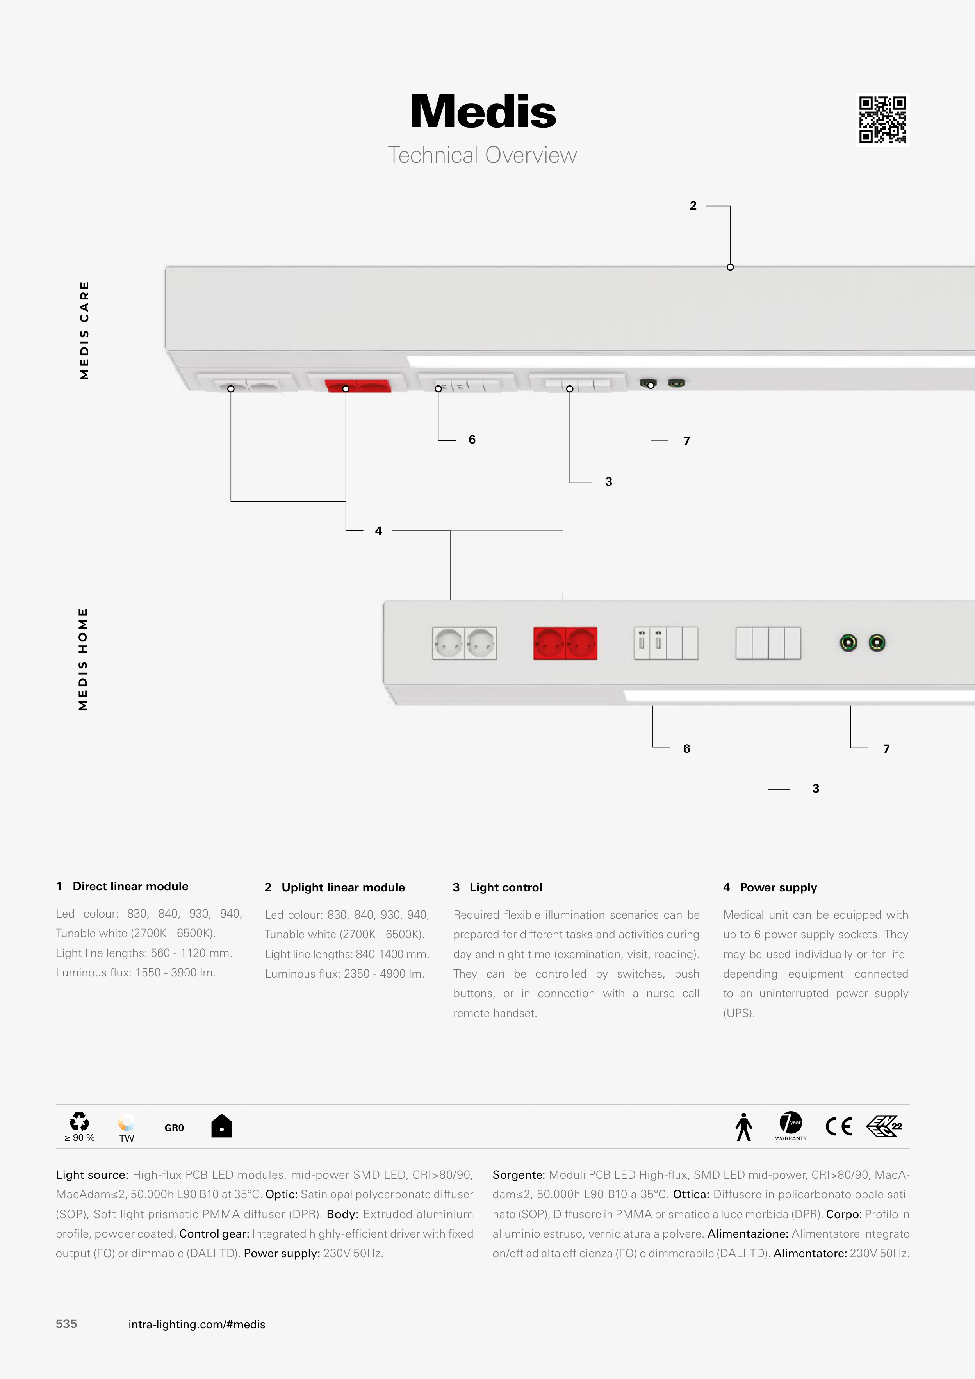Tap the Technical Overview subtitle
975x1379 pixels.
pos(482,155)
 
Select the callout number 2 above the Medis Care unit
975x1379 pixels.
pos(693,205)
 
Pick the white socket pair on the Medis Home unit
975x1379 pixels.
pos(464,643)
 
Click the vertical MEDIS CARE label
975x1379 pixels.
pos(84,330)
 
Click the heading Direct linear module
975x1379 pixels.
pos(130,887)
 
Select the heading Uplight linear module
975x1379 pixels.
pos(343,888)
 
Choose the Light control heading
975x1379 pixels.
pos(506,888)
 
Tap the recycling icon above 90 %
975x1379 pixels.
pos(79,1121)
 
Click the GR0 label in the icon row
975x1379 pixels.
pos(174,1128)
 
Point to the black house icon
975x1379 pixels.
pos(222,1126)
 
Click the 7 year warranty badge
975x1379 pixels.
pos(791,1126)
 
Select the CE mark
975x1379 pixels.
pos(839,1126)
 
